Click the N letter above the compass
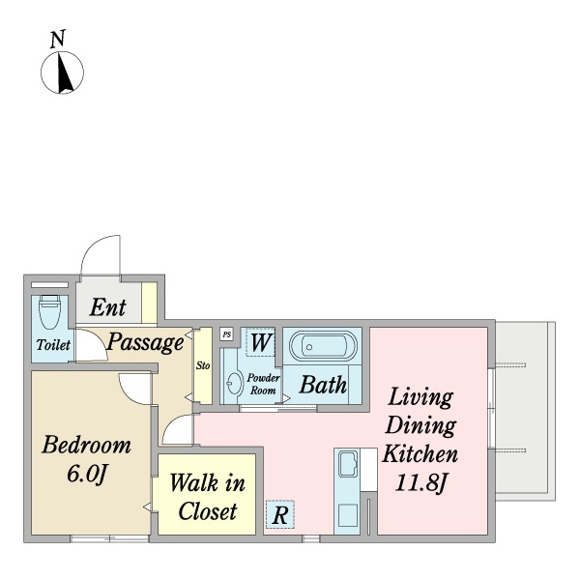[x=58, y=39]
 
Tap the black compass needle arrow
[x=65, y=72]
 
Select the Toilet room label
[x=53, y=345]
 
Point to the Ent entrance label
[x=107, y=307]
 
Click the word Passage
[x=145, y=342]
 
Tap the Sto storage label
[x=203, y=365]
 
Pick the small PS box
[x=227, y=334]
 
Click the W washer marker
[x=260, y=342]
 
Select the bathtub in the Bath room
[x=323, y=346]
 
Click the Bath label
[x=323, y=385]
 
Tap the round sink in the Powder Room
[x=233, y=384]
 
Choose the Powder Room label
[x=263, y=384]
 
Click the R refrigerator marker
[x=280, y=514]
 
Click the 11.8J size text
[x=420, y=482]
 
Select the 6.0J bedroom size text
[x=87, y=474]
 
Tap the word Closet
[x=207, y=511]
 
